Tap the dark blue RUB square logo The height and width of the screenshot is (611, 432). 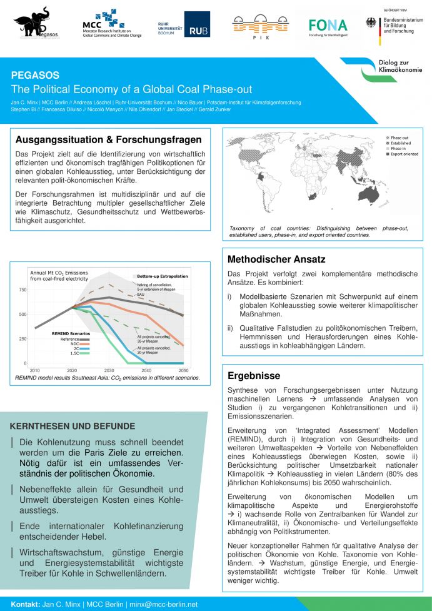(197, 24)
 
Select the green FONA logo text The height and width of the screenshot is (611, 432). (328, 24)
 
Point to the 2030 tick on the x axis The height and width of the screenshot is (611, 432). (109, 371)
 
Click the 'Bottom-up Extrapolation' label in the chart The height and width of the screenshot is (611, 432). (162, 276)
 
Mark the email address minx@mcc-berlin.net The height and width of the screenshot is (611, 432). (162, 605)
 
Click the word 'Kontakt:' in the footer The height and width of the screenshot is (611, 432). (25, 605)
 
